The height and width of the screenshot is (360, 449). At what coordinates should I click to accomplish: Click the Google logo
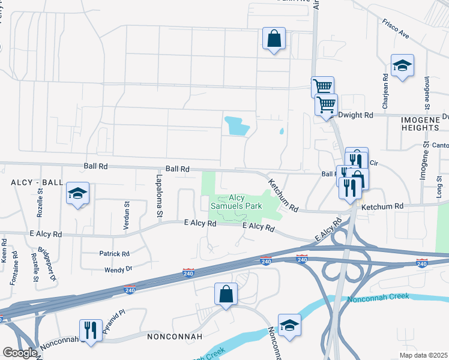pyautogui.click(x=19, y=353)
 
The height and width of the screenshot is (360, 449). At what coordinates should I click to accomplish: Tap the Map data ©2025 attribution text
pyautogui.click(x=423, y=355)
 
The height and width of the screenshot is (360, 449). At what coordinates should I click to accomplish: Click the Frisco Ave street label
pyautogui.click(x=395, y=28)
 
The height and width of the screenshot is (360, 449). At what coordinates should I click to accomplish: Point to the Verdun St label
pyautogui.click(x=127, y=212)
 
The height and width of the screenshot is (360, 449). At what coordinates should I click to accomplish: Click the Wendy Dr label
pyautogui.click(x=118, y=269)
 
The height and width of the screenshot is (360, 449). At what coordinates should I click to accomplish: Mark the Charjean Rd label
pyautogui.click(x=385, y=88)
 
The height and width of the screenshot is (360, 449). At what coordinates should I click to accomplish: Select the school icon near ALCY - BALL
pyautogui.click(x=77, y=193)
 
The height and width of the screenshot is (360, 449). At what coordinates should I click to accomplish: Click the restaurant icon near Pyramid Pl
pyautogui.click(x=91, y=331)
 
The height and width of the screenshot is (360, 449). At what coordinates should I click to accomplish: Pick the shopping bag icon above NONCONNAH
pyautogui.click(x=226, y=295)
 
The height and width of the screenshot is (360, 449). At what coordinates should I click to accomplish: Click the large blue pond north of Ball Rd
pyautogui.click(x=237, y=125)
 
